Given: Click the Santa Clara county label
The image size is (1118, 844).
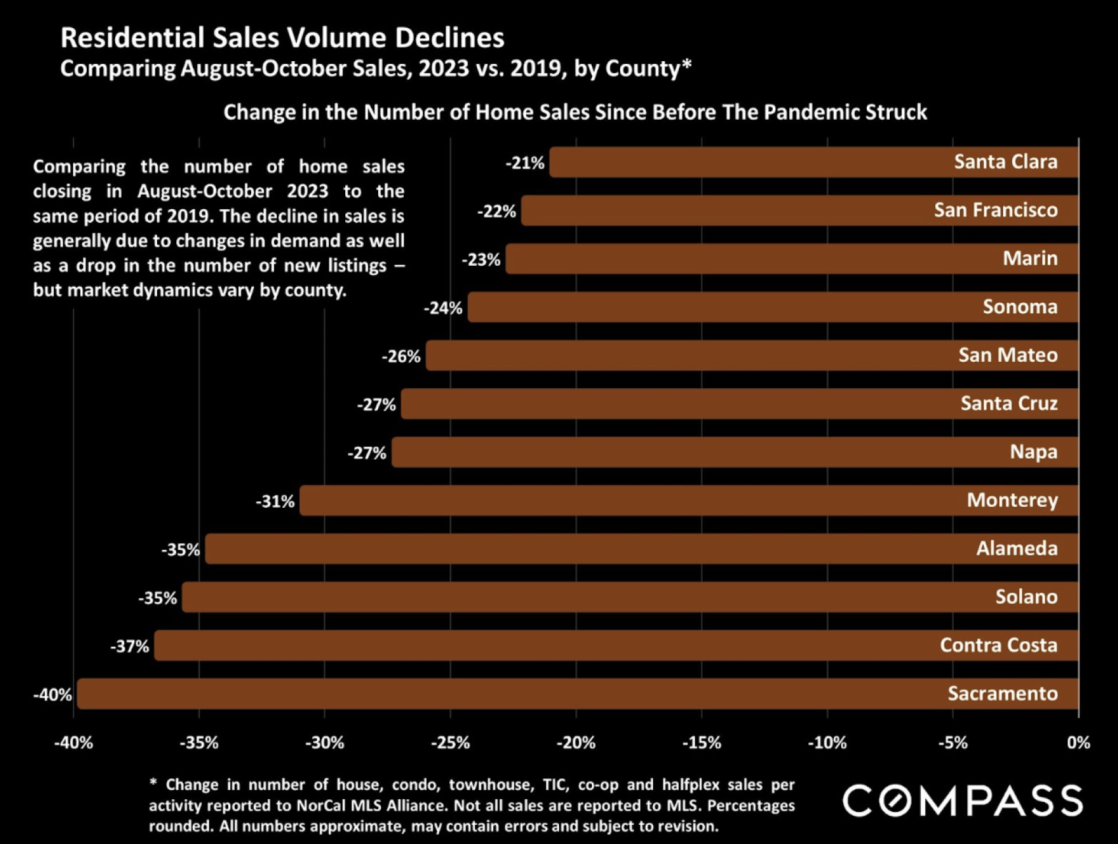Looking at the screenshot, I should tap(1006, 162).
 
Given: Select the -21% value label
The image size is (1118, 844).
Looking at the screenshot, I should tap(525, 163).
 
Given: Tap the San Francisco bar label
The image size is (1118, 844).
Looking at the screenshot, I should tap(996, 211).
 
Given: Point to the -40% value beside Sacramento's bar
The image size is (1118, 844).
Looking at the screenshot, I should tap(53, 695).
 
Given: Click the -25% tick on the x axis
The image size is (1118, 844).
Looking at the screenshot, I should tap(450, 743).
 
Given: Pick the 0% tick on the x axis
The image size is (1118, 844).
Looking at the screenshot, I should tap(1079, 743).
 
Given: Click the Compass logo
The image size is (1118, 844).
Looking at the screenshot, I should tap(963, 801).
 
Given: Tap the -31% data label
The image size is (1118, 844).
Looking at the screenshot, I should tap(275, 502).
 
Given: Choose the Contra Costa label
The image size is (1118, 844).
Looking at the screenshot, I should tap(998, 645).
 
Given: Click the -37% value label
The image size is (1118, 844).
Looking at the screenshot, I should tap(130, 647).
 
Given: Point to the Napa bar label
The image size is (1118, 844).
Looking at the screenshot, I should tap(1033, 452).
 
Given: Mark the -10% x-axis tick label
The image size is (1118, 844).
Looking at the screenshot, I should tap(827, 743).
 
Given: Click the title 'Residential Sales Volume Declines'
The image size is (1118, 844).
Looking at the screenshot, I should tap(282, 38).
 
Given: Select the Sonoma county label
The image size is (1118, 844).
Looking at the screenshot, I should tap(1020, 307).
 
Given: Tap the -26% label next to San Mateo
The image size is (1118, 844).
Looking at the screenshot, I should tap(401, 357).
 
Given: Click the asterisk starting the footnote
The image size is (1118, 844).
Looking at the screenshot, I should tap(153, 783).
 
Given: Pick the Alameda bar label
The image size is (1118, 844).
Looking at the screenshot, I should tap(1017, 549).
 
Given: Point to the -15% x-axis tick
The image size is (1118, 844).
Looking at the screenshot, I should tap(702, 743).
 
